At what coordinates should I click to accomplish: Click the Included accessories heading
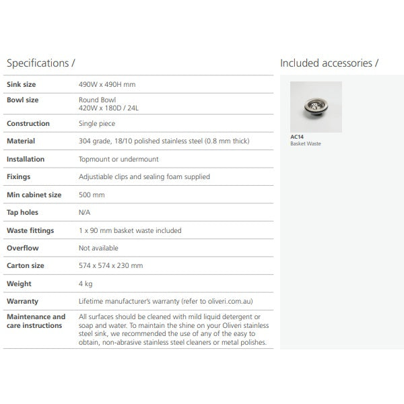329,63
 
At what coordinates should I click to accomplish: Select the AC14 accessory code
296,137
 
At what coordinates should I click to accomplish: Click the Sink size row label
22,85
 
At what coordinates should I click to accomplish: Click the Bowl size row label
22,100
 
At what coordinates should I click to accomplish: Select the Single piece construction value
97,124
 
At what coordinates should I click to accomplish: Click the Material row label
21,141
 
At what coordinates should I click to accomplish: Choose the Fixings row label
19,177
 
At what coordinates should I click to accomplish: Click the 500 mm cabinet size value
92,195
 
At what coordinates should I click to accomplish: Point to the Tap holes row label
22,213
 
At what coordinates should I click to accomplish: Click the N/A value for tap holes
85,213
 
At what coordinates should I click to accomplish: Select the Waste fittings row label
30,230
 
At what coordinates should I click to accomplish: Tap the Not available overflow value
98,248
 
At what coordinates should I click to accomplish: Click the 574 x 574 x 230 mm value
111,266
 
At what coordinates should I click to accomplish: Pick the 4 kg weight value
86,284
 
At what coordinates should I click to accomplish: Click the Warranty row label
22,302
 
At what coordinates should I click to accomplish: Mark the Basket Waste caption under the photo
306,143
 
